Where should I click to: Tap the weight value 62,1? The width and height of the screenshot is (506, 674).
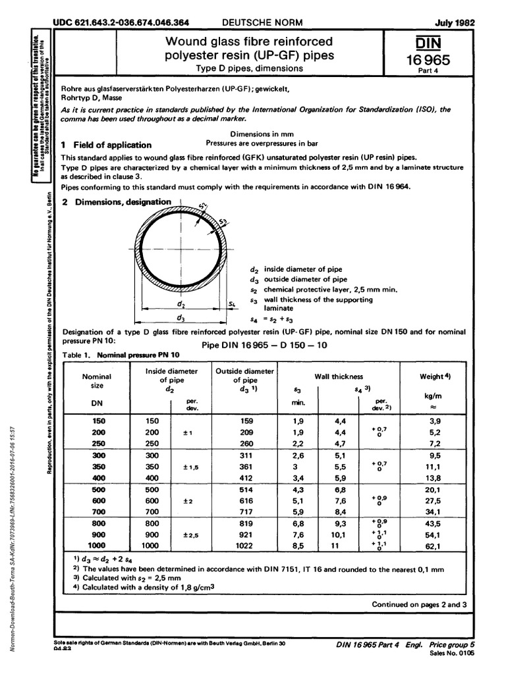click(x=435, y=546)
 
